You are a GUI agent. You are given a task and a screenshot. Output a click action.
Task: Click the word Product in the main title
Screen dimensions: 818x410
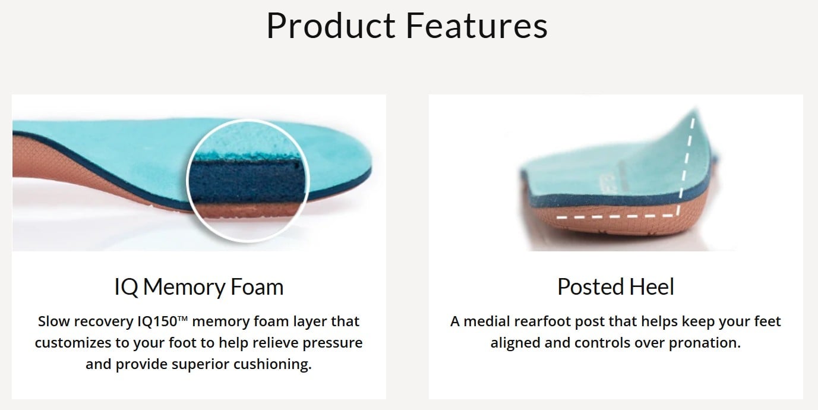tap(331, 26)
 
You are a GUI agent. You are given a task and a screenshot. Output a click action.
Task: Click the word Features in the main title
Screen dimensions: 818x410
tap(477, 26)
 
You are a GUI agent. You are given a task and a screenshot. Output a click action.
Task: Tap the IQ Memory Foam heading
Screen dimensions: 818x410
tap(198, 287)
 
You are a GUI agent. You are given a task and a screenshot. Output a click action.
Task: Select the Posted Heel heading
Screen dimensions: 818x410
tap(615, 287)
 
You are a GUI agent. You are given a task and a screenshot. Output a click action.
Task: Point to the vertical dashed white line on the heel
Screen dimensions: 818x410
tap(686, 166)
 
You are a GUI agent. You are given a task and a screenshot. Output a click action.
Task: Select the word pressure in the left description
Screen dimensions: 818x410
tap(333, 343)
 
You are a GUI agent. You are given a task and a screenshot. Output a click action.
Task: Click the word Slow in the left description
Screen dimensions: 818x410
tap(49, 321)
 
